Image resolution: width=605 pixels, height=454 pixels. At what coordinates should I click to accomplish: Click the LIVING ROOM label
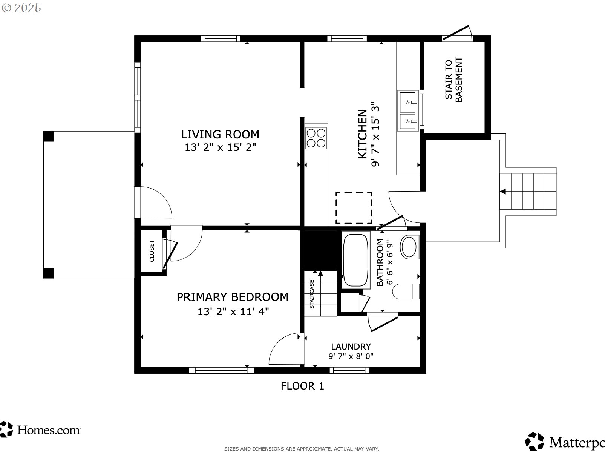(x=220, y=135)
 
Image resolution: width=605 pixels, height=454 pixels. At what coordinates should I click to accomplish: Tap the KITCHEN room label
(x=363, y=134)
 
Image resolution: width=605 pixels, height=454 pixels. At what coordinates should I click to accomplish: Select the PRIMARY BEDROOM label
(x=232, y=297)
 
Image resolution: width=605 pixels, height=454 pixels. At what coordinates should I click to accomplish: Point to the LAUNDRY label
(x=351, y=347)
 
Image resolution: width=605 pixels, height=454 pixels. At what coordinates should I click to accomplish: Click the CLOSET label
(x=152, y=251)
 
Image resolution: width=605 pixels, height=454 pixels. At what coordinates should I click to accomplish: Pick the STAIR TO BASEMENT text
(x=454, y=80)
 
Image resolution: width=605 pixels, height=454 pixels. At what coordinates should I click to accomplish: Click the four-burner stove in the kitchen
(x=316, y=138)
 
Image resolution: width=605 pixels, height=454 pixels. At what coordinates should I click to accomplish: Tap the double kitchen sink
(x=407, y=110)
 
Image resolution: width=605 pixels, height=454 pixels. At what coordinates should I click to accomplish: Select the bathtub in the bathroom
(x=356, y=260)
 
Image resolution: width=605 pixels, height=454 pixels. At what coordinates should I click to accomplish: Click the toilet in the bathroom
(x=406, y=291)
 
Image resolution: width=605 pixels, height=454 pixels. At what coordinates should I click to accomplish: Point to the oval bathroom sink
(x=410, y=247)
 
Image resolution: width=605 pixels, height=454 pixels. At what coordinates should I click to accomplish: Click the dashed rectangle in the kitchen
(x=354, y=208)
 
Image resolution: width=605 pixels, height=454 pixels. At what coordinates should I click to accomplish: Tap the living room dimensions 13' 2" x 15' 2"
(x=220, y=147)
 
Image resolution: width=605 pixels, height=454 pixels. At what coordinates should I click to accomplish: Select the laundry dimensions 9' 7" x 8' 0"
(x=351, y=356)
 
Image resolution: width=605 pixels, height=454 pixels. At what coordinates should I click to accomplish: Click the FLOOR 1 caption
(x=302, y=386)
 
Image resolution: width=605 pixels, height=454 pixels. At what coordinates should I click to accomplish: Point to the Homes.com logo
(x=40, y=430)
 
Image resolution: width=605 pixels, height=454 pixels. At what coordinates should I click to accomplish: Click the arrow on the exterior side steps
(x=503, y=191)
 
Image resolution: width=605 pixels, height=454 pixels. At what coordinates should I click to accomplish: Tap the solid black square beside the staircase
(x=320, y=250)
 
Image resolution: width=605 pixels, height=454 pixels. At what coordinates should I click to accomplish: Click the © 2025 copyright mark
(x=21, y=8)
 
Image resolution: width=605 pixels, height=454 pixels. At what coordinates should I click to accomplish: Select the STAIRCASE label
(x=312, y=294)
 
